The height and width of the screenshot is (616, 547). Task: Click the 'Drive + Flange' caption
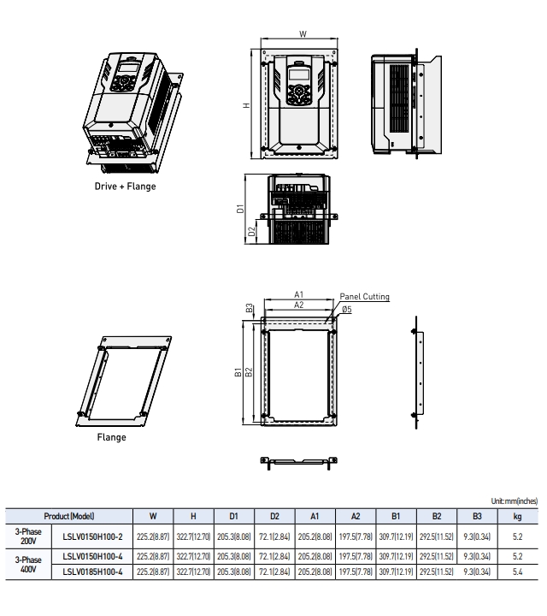[125, 187]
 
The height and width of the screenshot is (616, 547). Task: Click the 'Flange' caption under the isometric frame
[111, 437]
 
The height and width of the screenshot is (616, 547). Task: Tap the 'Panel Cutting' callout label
[364, 297]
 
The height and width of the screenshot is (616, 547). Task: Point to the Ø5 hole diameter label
[347, 309]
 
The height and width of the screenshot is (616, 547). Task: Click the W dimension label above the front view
[303, 34]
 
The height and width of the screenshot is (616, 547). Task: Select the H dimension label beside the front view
[245, 105]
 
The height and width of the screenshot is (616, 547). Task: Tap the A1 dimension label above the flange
[299, 294]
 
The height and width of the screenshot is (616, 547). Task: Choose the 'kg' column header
[517, 516]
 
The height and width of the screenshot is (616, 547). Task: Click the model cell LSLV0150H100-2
[93, 536]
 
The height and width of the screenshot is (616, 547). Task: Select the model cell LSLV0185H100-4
[93, 572]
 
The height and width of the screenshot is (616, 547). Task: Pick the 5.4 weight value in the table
[517, 572]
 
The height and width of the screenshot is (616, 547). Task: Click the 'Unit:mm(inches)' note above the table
[514, 502]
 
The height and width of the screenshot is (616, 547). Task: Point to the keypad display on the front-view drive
[298, 74]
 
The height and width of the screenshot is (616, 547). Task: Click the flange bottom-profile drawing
[298, 461]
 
